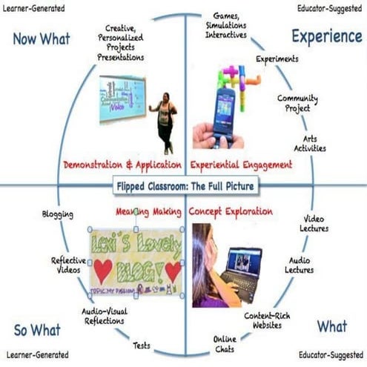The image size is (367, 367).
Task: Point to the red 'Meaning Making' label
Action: pyautogui.click(x=148, y=212)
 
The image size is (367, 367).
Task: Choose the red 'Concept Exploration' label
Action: pyautogui.click(x=231, y=212)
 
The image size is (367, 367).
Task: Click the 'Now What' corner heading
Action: pyautogui.click(x=41, y=38)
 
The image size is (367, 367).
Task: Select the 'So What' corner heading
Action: pyautogui.click(x=37, y=328)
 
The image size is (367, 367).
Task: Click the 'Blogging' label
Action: pyautogui.click(x=58, y=215)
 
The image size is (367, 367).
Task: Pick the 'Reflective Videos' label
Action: pyautogui.click(x=67, y=265)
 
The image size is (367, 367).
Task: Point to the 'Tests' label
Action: pyautogui.click(x=142, y=345)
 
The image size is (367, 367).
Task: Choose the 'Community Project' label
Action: pyautogui.click(x=298, y=103)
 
